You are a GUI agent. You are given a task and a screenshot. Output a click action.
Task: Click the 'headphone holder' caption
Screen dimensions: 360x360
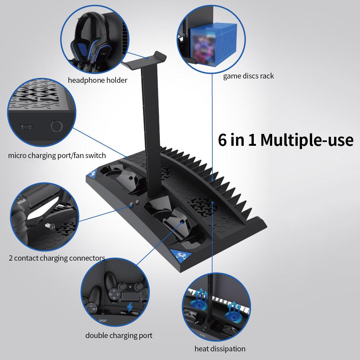click(x=98, y=80)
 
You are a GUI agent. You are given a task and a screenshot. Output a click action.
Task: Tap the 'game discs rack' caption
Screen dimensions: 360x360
click(x=248, y=76)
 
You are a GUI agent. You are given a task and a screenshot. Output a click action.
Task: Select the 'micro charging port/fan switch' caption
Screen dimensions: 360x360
click(x=57, y=156)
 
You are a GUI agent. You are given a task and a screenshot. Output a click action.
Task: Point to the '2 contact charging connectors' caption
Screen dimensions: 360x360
click(x=57, y=258)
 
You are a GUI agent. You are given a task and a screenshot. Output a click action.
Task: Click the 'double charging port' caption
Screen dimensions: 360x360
click(x=119, y=336)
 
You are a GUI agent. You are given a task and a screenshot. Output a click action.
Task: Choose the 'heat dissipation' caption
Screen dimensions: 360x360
click(x=220, y=349)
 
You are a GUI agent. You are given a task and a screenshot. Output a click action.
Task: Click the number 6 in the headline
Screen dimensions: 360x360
click(x=222, y=140)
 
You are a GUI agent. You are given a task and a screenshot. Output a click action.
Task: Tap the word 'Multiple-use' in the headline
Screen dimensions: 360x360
click(x=307, y=140)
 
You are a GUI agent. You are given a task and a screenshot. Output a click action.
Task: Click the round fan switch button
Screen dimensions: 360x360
click(x=57, y=126)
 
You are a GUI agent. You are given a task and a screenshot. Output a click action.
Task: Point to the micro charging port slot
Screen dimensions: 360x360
click(x=26, y=127)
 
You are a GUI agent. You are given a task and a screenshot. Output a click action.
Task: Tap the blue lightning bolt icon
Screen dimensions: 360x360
click(x=130, y=307)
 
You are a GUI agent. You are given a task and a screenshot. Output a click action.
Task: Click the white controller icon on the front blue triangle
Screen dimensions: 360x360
click(x=181, y=255)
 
